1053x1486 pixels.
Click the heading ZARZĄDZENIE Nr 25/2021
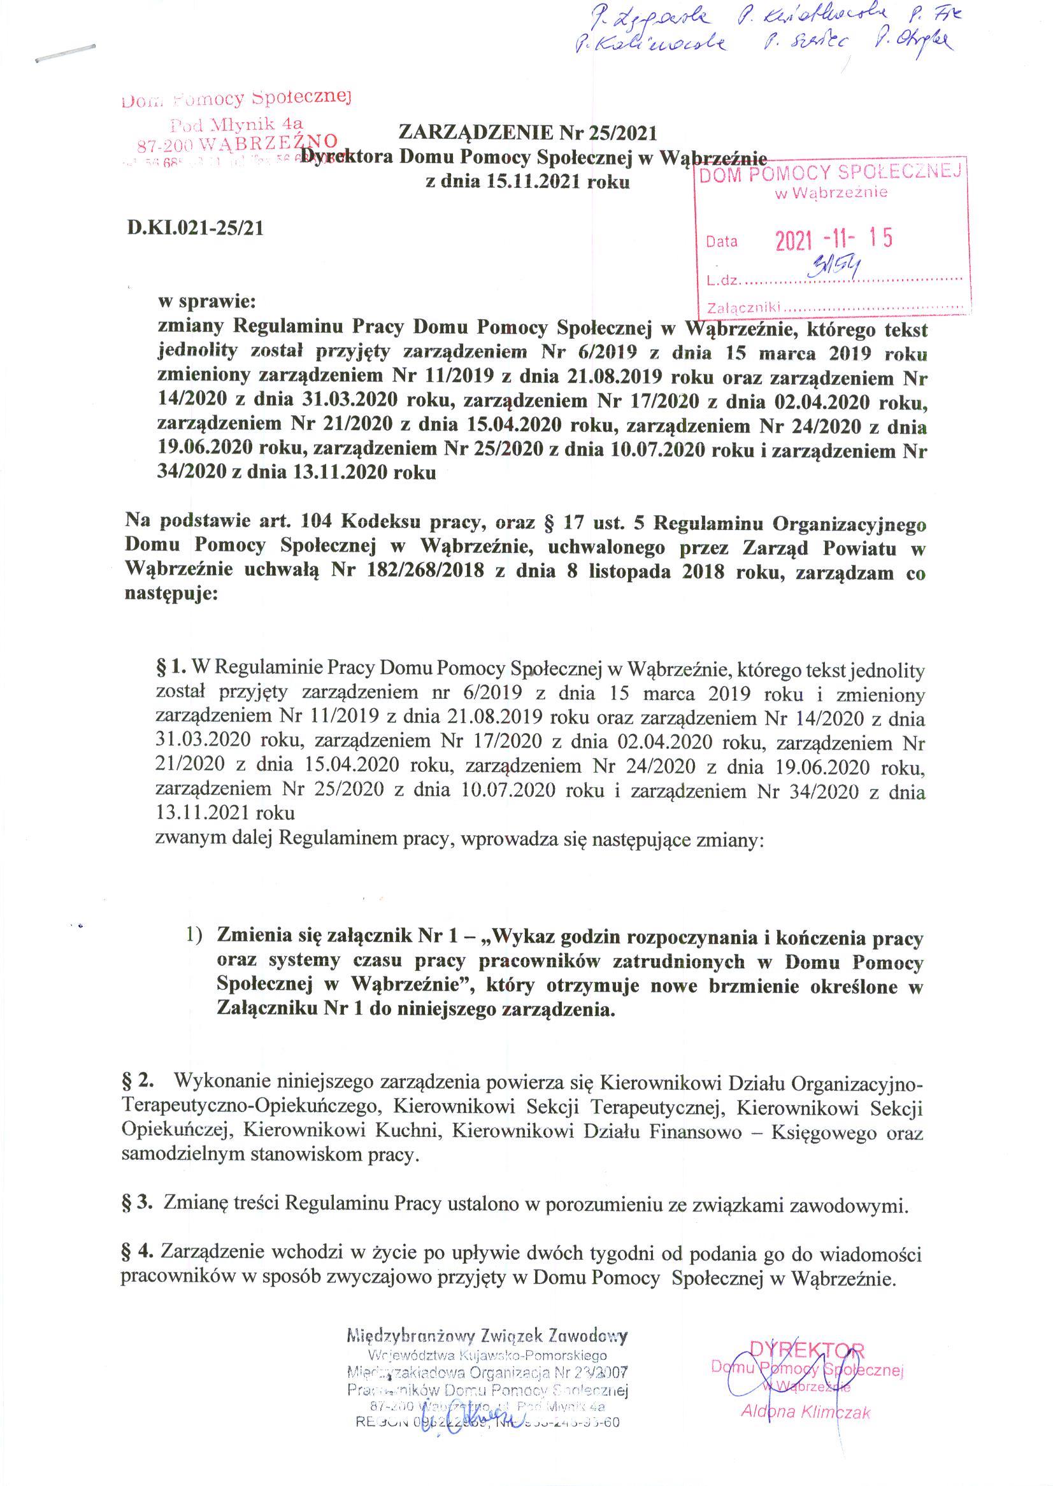tap(527, 133)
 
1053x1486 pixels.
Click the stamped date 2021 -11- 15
tap(834, 240)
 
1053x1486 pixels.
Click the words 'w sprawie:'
tap(208, 302)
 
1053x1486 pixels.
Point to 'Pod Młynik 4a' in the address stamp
tap(237, 122)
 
